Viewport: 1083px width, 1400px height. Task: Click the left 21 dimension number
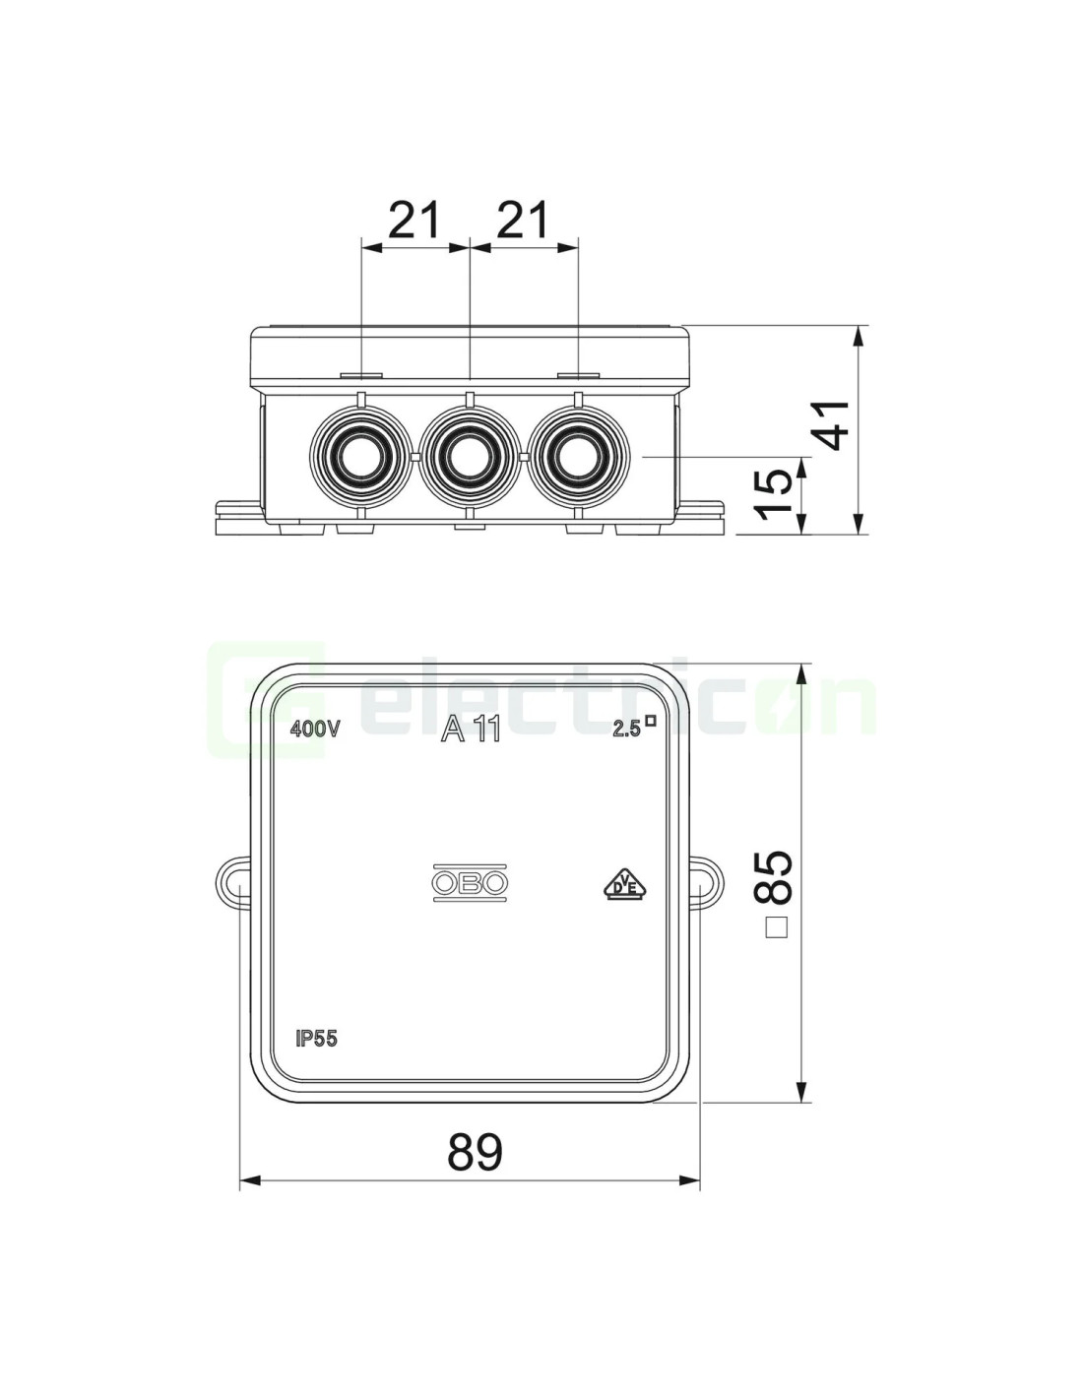(x=414, y=219)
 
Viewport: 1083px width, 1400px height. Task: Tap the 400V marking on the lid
(x=314, y=729)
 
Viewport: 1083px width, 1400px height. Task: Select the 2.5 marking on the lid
(x=634, y=727)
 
